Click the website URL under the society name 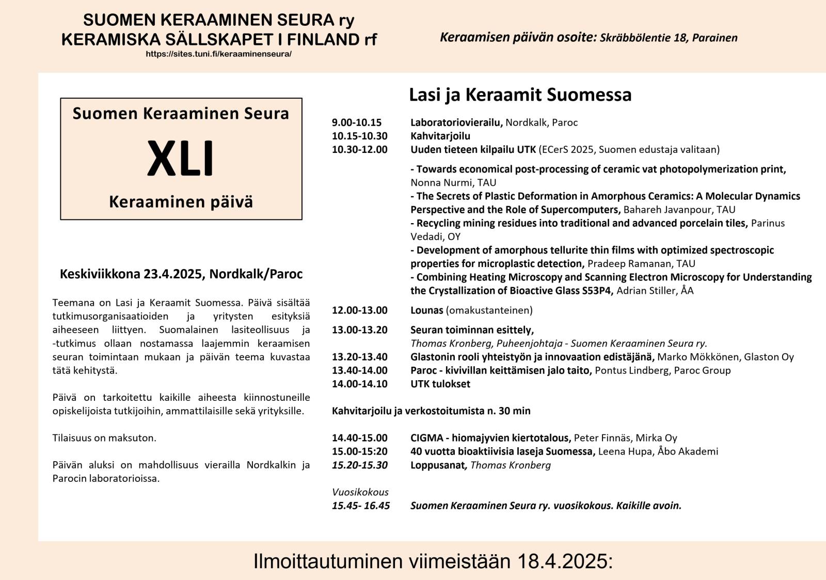218,54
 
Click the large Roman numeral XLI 180,159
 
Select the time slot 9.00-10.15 357,122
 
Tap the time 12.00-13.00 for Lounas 359,310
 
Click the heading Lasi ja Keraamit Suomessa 520,95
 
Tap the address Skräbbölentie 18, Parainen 669,38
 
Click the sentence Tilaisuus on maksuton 104,438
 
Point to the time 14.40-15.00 359,438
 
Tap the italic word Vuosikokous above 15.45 360,492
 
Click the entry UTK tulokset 440,384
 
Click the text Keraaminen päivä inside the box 181,202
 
